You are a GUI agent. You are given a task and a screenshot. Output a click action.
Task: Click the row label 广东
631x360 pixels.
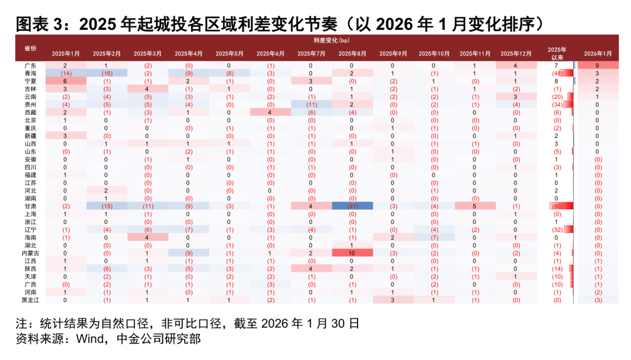[30, 65]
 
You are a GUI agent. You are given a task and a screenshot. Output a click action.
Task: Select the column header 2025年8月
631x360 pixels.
[352, 53]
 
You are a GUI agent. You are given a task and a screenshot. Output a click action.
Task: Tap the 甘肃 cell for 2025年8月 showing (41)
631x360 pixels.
[352, 206]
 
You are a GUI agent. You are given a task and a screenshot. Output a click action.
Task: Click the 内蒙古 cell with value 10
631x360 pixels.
[352, 252]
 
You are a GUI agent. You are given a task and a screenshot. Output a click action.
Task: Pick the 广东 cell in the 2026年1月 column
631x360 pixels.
[598, 65]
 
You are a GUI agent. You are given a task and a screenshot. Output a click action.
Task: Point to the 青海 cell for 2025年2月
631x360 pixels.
[106, 74]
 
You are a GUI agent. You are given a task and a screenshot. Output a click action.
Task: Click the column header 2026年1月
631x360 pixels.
[598, 53]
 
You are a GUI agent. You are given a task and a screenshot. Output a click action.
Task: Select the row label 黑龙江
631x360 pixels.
[30, 299]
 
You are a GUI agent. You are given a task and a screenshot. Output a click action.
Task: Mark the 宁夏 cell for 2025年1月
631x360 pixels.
[65, 81]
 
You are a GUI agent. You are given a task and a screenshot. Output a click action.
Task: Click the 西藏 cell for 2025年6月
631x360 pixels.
[271, 112]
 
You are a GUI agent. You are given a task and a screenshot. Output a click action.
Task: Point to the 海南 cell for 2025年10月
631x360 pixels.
[434, 237]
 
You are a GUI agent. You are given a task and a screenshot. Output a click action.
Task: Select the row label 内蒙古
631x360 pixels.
[30, 252]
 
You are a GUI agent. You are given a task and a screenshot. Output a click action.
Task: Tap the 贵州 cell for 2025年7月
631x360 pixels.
[311, 105]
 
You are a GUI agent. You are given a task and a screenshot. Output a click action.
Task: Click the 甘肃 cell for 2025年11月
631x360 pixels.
[475, 206]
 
